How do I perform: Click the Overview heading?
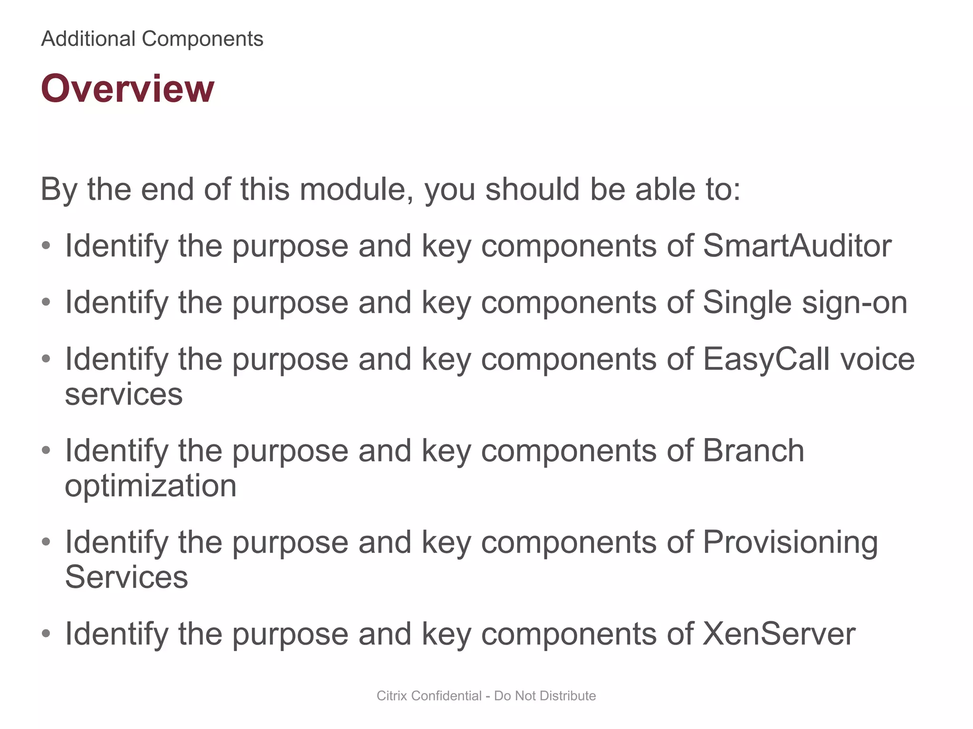[x=127, y=89]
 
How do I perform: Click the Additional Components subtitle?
[x=152, y=39]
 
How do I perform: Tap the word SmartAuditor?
[x=797, y=246]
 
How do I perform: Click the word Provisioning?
[x=790, y=542]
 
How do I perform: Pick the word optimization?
[x=151, y=486]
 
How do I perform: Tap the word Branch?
[x=754, y=450]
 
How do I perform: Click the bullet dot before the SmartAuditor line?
[x=46, y=246]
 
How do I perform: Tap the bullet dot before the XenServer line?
[x=46, y=634]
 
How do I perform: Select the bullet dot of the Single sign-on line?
[x=46, y=302]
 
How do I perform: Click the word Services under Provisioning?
[x=126, y=578]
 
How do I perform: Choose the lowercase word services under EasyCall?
[x=124, y=394]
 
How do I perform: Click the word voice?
[x=878, y=359]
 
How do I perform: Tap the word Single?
[x=747, y=303]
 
